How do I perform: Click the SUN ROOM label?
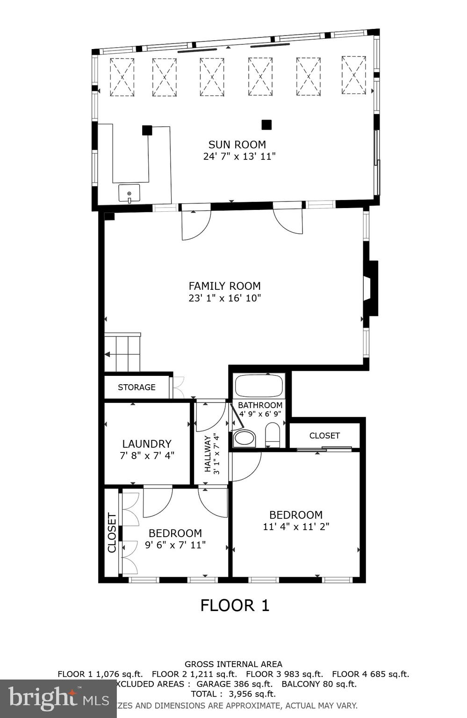(x=237, y=144)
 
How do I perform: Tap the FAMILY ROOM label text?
(x=224, y=286)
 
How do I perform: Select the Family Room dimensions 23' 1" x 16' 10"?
(x=224, y=298)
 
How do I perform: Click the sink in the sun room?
(x=129, y=193)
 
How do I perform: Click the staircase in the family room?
(x=122, y=353)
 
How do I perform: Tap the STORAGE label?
(x=137, y=387)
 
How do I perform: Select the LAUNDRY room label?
(x=147, y=444)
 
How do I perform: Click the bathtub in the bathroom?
(x=259, y=386)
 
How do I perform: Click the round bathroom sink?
(x=244, y=438)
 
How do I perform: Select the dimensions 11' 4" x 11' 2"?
(x=296, y=527)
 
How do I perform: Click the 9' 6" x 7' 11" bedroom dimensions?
(x=175, y=545)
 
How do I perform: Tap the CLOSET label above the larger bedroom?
(x=324, y=436)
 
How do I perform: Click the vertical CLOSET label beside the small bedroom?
(x=112, y=533)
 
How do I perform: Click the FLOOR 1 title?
(x=235, y=605)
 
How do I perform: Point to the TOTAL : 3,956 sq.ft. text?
(x=233, y=694)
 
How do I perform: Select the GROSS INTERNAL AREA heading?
(x=233, y=664)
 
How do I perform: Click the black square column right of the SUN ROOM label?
(x=266, y=125)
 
